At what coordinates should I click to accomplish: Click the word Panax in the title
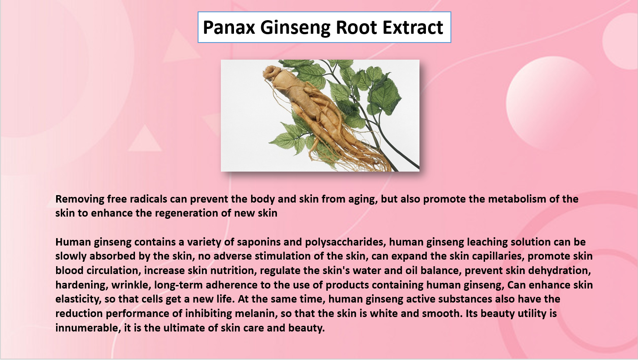[x=229, y=27]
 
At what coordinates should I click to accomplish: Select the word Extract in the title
[x=413, y=27]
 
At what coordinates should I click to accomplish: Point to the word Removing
[x=80, y=199]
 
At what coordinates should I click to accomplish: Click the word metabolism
[x=517, y=199]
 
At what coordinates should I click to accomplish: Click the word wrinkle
[x=131, y=285]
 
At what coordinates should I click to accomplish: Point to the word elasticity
[x=78, y=299]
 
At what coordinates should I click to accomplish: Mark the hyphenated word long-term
[x=178, y=285]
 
